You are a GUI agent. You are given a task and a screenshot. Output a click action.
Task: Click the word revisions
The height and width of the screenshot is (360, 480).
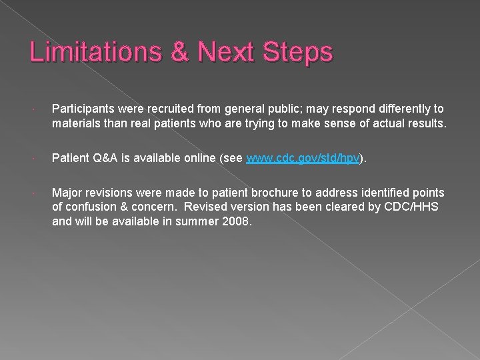click(x=112, y=193)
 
